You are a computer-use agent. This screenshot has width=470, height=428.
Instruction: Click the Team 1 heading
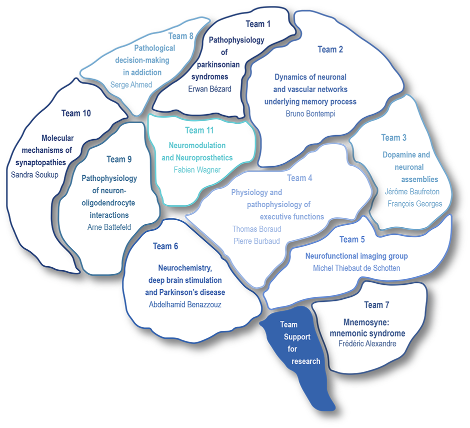coord(258,24)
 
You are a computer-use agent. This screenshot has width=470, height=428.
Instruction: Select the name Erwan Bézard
coord(210,89)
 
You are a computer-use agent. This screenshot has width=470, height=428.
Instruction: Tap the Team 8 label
coord(180,36)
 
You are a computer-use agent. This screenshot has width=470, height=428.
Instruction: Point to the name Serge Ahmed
coord(131,85)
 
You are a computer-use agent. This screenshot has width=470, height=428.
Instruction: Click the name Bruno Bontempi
coord(310,114)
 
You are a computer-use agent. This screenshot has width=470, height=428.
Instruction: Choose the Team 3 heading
coord(393,138)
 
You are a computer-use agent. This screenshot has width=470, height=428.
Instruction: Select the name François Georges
coord(415,204)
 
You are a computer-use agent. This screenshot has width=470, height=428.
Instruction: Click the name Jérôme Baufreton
coord(412,192)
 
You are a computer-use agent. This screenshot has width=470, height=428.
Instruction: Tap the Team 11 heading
coord(199,130)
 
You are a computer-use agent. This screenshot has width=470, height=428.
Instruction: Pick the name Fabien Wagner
coord(197,170)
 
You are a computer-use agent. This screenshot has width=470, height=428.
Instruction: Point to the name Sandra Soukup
coord(35,175)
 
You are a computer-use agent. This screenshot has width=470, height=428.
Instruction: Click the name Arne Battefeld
coord(109,227)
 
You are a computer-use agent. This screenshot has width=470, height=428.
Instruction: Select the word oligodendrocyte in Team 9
coord(108,203)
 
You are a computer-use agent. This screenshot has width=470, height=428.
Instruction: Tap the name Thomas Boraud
coord(257,229)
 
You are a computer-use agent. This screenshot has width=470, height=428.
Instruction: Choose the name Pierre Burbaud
coord(256,241)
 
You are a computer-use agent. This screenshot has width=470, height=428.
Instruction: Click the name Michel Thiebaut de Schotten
coord(356,268)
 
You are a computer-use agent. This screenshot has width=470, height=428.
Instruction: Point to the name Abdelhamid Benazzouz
coord(185,305)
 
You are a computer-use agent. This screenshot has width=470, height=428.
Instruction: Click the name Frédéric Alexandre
coord(367,344)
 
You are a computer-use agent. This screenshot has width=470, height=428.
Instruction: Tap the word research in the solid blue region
coord(305,361)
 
